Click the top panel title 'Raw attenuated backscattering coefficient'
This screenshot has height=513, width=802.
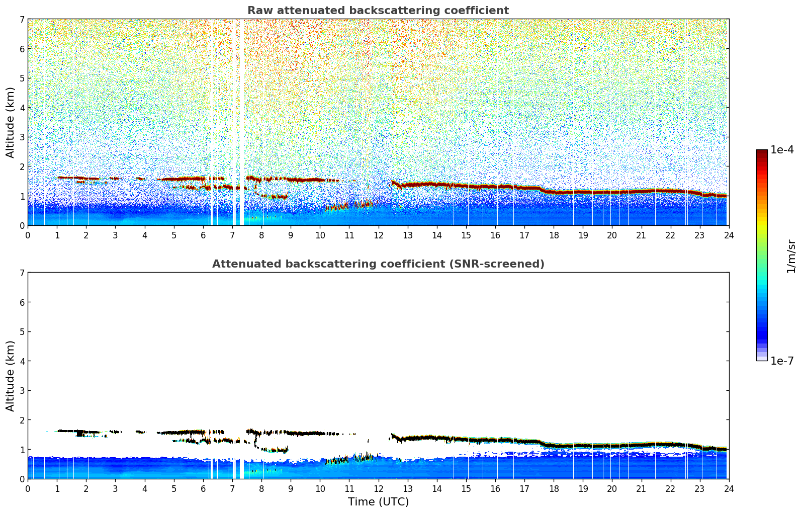(378, 11)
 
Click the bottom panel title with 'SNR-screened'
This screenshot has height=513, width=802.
(378, 264)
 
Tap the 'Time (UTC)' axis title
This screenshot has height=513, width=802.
(378, 502)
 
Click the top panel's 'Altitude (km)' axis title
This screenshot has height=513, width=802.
(11, 122)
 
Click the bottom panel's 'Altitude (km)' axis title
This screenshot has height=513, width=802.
(11, 376)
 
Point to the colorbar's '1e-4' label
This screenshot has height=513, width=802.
(782, 150)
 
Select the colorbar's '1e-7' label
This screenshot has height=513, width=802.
(782, 361)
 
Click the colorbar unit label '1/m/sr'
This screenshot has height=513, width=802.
(791, 256)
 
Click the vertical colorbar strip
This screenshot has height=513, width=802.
(762, 255)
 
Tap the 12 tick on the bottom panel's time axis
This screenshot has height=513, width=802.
(378, 488)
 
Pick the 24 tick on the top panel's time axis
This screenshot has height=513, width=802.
(729, 235)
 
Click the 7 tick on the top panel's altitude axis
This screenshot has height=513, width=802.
(22, 19)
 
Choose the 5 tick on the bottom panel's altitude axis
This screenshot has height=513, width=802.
(22, 332)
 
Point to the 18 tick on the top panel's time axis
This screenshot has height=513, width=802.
(554, 235)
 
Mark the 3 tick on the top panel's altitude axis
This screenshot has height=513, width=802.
(22, 137)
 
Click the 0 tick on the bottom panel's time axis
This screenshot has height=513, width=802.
(28, 488)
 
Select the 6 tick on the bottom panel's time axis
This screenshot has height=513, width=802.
(203, 488)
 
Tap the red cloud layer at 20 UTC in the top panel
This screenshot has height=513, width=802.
(612, 192)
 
